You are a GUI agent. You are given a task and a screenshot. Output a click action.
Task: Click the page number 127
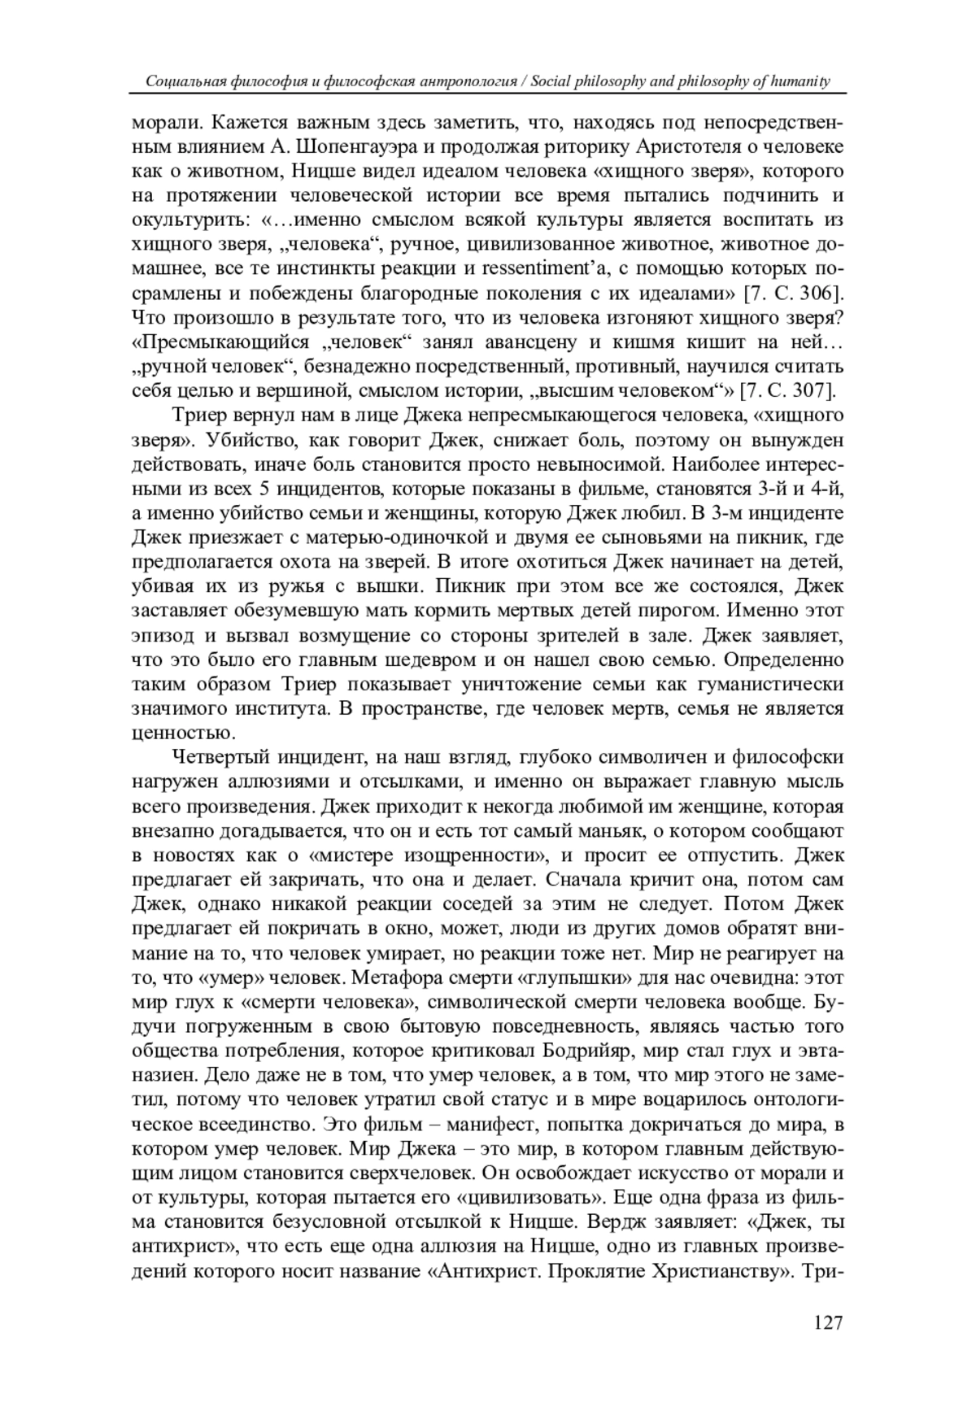coord(827,1322)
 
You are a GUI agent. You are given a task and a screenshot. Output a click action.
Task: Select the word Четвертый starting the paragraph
coord(219,758)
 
